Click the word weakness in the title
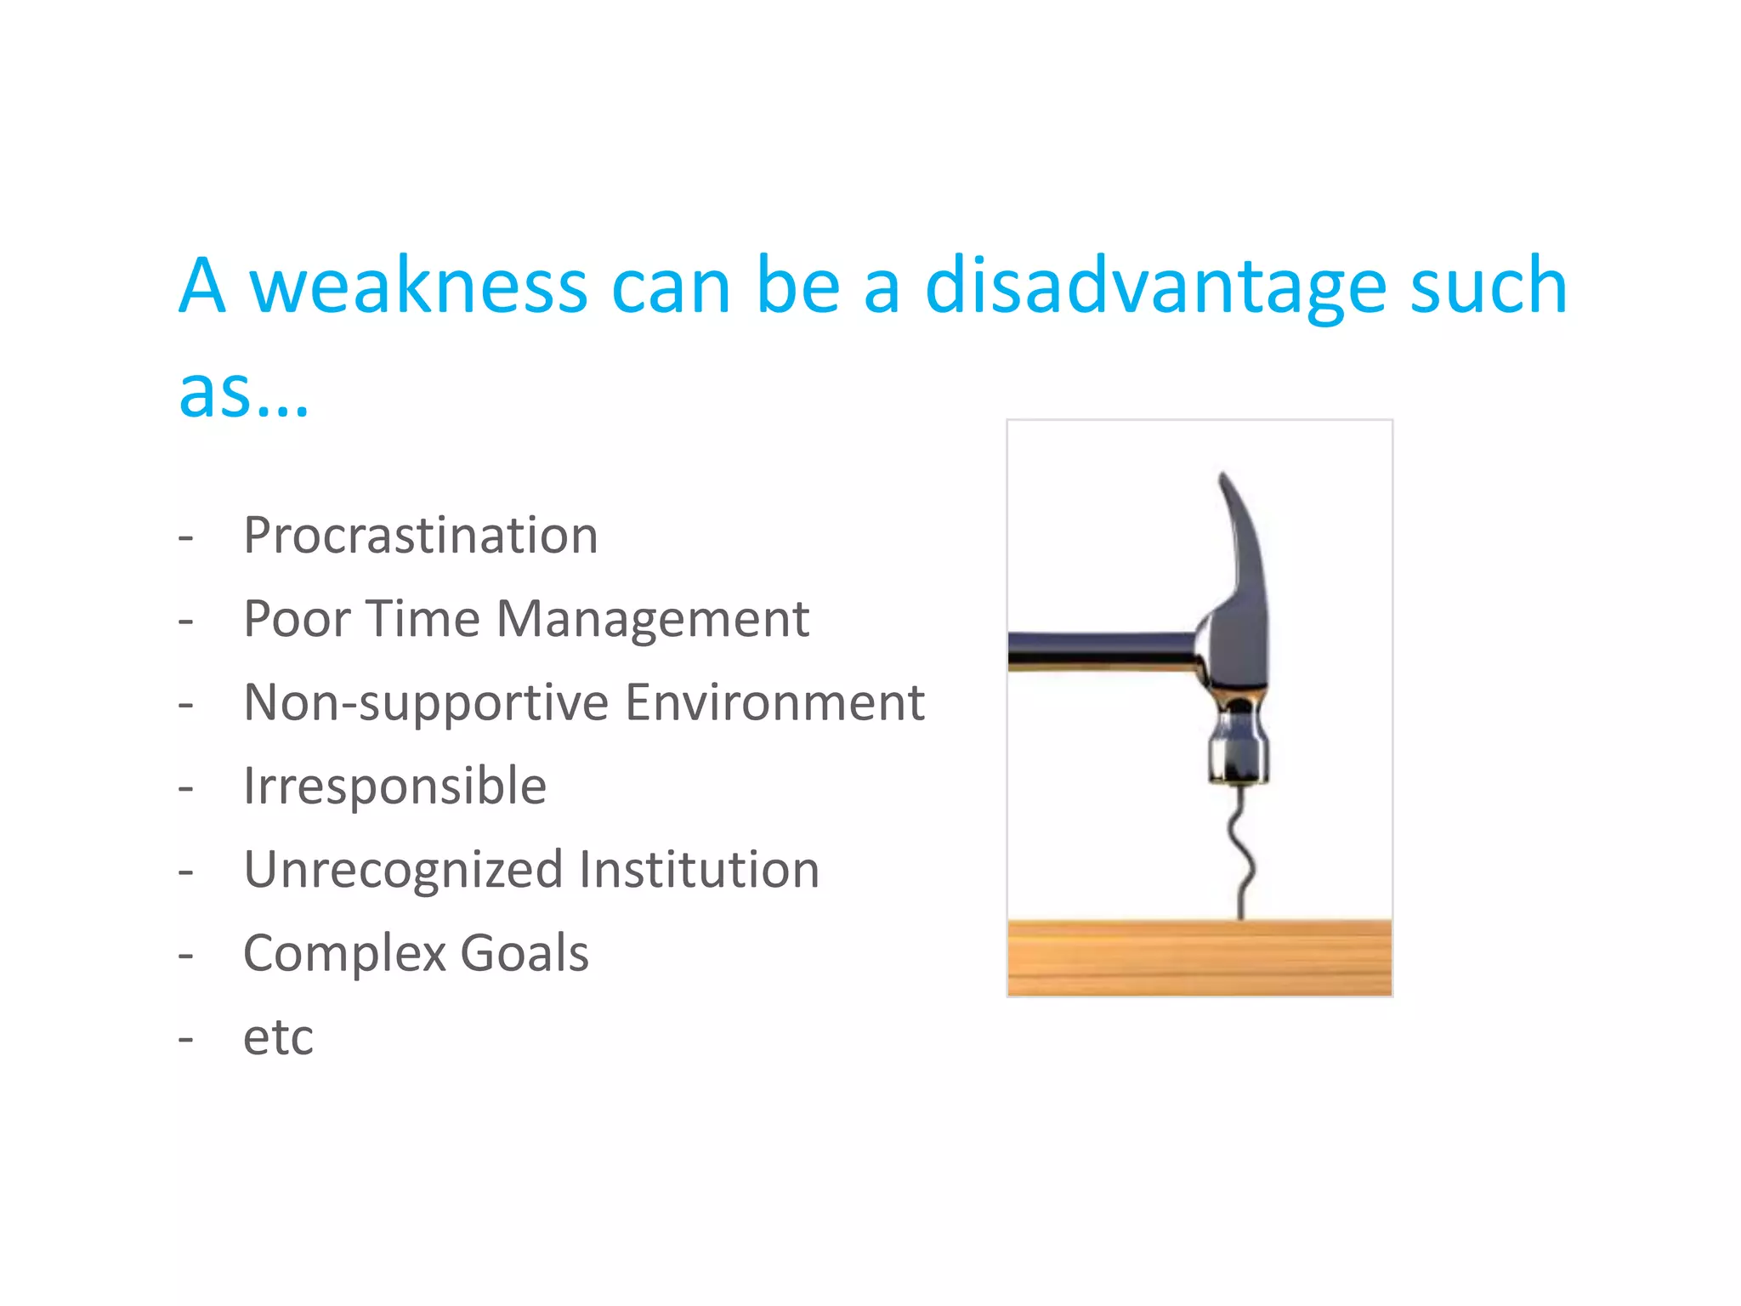(x=417, y=287)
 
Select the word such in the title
(x=1488, y=287)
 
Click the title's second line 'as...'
(x=243, y=393)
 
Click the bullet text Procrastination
(x=421, y=536)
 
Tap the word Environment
(x=774, y=702)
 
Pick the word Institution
(x=699, y=870)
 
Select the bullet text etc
(x=278, y=1037)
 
